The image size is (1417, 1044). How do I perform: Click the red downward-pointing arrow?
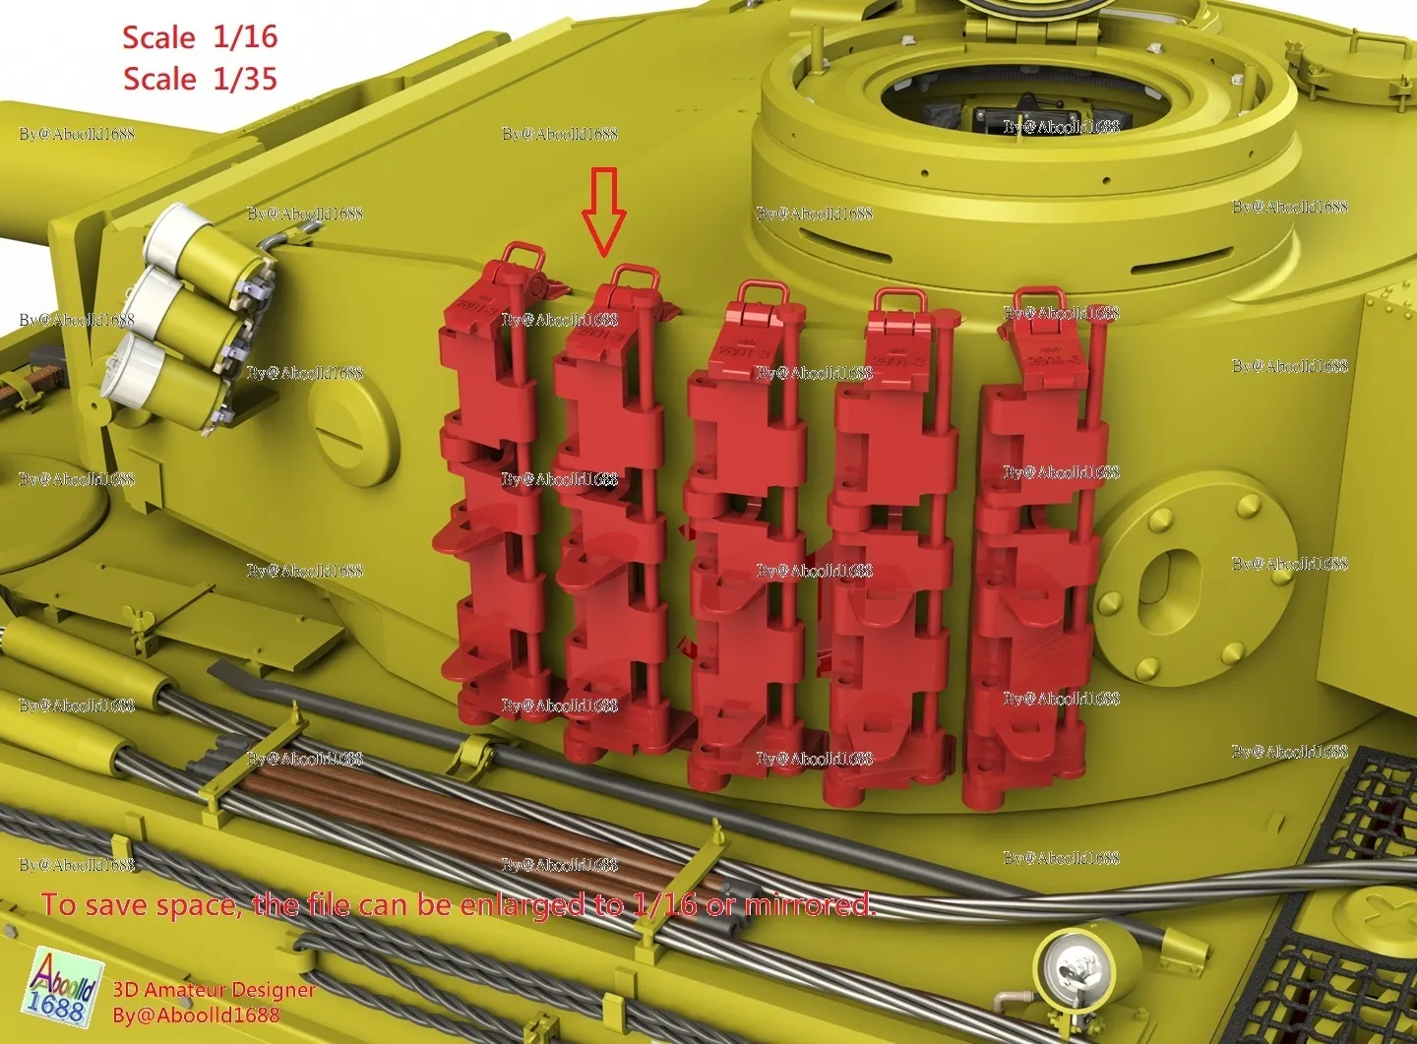(x=603, y=209)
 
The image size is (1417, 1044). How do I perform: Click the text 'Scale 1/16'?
(x=200, y=37)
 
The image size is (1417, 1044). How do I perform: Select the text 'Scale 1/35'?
(x=200, y=79)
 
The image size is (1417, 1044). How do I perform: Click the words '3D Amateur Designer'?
(x=214, y=990)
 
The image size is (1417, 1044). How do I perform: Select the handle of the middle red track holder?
(x=761, y=293)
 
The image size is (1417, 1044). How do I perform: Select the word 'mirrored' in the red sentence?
(x=809, y=904)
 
